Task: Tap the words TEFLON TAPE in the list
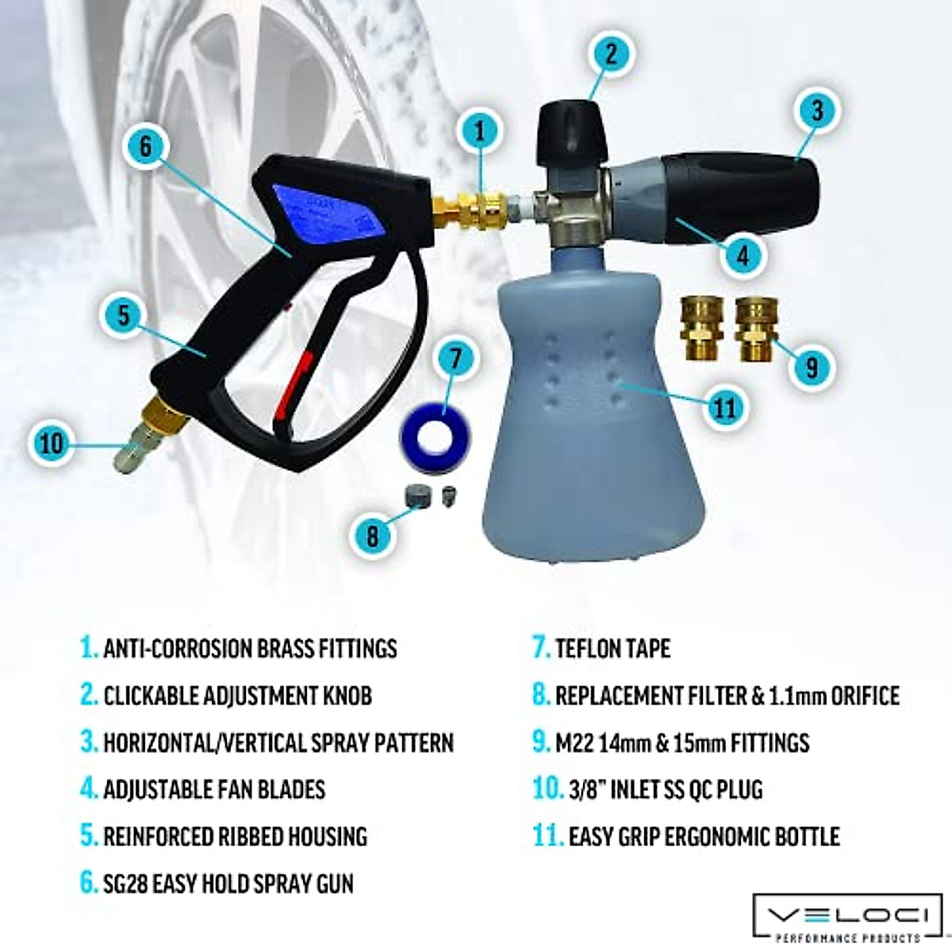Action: [x=612, y=648]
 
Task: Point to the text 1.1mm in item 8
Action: [x=800, y=696]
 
